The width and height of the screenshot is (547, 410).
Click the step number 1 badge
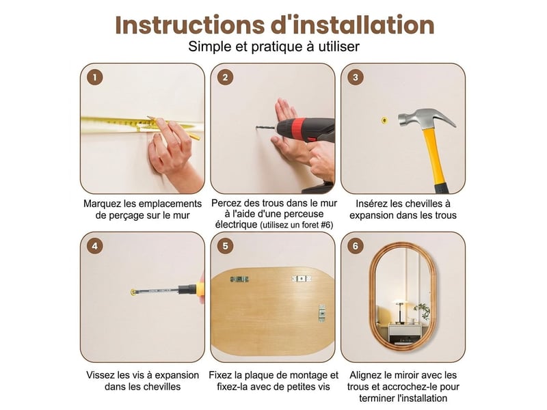(95, 77)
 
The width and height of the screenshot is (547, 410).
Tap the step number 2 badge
(225, 77)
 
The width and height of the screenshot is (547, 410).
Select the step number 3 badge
(355, 77)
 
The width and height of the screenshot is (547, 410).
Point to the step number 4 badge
(95, 246)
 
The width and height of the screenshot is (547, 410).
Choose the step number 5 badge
(225, 246)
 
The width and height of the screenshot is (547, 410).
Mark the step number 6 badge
(355, 246)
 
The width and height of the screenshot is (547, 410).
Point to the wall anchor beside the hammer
(384, 121)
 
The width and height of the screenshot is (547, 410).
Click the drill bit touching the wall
(266, 128)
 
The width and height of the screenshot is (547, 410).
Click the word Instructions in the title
(189, 25)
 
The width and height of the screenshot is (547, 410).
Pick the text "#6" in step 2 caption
(326, 225)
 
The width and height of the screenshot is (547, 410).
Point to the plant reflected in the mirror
(423, 311)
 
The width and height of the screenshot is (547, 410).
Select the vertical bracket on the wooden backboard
(322, 313)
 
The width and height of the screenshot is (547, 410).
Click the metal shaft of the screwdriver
(157, 290)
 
